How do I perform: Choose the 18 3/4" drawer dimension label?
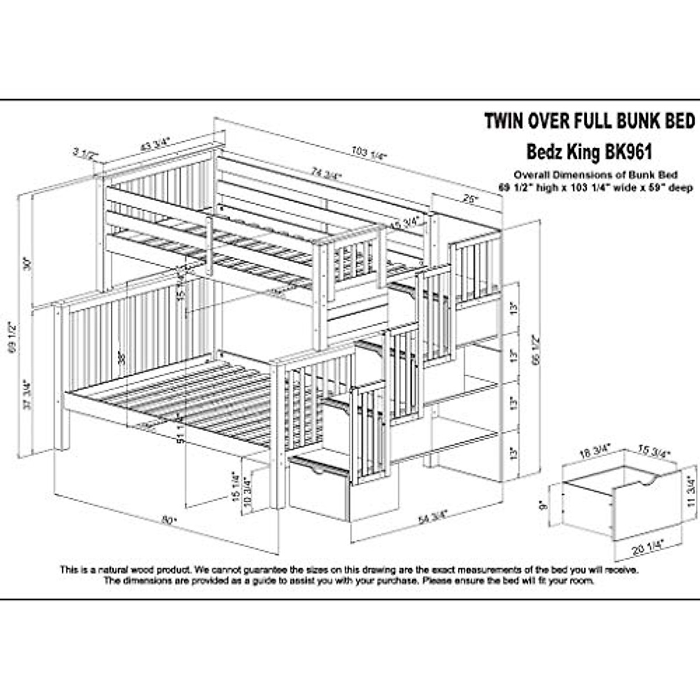[595, 452]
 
